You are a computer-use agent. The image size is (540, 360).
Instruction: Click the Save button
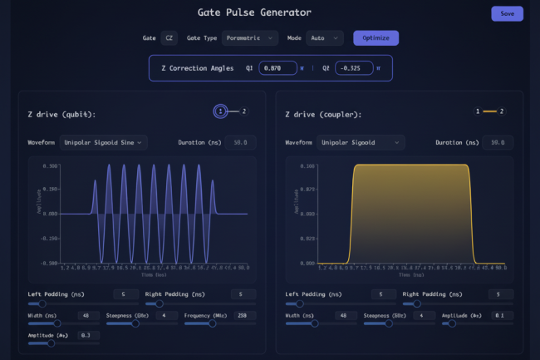tap(507, 13)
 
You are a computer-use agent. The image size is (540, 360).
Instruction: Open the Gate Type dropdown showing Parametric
tap(250, 37)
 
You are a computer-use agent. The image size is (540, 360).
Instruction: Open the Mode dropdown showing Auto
tap(325, 37)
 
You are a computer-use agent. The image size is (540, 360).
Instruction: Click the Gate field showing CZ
tap(169, 37)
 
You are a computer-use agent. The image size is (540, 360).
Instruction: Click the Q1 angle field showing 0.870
tap(283, 68)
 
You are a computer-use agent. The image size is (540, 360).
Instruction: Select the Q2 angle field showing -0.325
tap(355, 68)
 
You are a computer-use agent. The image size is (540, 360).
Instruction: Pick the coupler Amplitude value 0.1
tap(497, 316)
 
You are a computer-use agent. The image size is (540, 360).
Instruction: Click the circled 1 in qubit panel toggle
tap(220, 111)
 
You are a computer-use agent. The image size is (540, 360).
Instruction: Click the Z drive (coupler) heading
tap(323, 114)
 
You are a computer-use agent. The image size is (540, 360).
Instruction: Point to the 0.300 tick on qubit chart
tap(50, 166)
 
